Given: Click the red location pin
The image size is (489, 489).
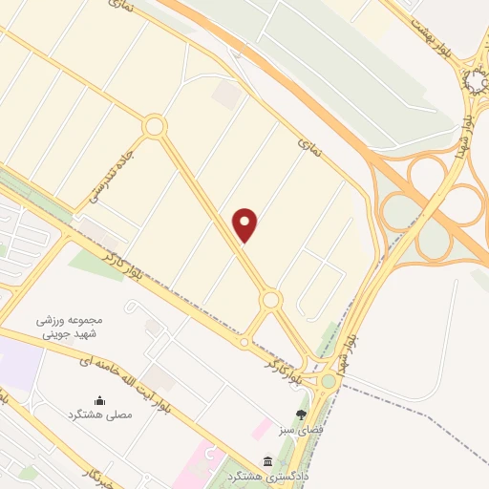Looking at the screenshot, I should pyautogui.click(x=246, y=224).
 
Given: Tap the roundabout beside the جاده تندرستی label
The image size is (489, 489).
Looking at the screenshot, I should pyautogui.click(x=154, y=125).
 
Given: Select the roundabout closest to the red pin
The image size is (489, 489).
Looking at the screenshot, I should pyautogui.click(x=271, y=301).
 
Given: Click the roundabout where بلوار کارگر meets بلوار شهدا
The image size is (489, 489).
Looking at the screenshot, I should pyautogui.click(x=330, y=381).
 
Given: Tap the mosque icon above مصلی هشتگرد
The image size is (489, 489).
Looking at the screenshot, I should pyautogui.click(x=99, y=400).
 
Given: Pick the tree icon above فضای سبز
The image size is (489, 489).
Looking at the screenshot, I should pyautogui.click(x=302, y=415).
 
